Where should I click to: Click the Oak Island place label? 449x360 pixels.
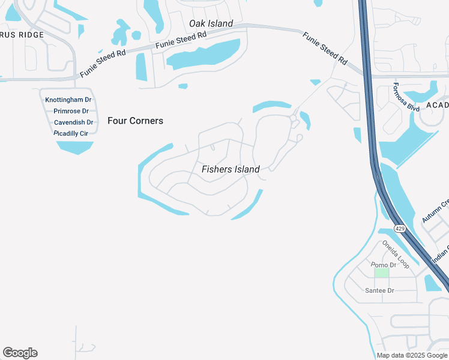click(211, 23)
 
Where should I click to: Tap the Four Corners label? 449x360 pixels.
click(135, 121)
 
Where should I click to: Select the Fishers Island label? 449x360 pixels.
click(231, 169)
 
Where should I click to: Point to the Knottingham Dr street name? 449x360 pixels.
click(68, 100)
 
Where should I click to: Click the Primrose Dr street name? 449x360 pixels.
click(71, 111)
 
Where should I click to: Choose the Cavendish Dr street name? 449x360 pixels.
click(73, 122)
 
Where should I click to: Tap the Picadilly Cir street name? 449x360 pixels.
click(74, 133)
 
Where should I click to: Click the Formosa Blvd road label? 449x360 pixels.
click(406, 97)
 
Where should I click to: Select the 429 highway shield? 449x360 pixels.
click(400, 229)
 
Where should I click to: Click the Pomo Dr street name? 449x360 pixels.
click(384, 265)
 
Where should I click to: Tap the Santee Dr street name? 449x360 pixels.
click(379, 290)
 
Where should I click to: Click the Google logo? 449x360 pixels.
click(20, 353)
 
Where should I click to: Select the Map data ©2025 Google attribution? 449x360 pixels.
click(412, 355)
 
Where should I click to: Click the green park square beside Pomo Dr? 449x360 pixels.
click(382, 273)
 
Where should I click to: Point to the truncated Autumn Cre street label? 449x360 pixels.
click(436, 211)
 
